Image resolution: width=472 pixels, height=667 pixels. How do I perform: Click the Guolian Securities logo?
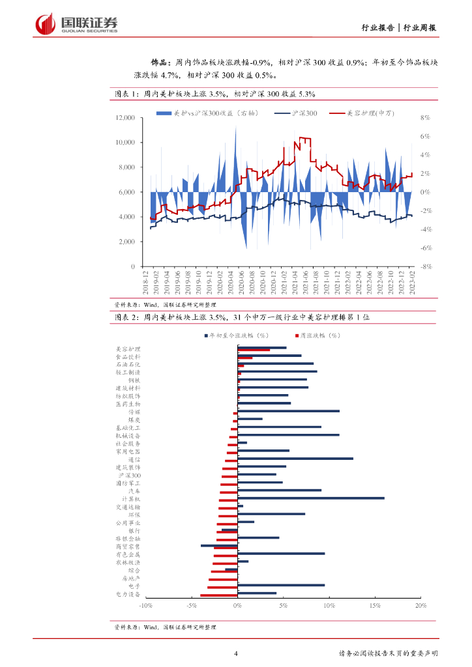point(77,25)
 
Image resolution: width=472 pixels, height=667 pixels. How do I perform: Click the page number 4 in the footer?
point(235,653)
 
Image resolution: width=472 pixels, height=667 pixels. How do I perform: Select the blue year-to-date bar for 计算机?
point(311,498)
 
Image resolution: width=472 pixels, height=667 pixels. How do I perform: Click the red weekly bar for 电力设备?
point(219,595)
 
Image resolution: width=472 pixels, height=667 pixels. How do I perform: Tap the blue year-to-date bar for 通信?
point(295,459)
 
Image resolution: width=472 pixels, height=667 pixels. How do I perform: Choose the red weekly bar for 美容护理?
point(254,350)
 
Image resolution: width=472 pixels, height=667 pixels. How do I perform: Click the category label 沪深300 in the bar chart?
point(129,475)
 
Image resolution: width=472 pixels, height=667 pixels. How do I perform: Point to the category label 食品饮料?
point(128,357)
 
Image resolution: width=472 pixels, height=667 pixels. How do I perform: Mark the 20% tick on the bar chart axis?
point(420,605)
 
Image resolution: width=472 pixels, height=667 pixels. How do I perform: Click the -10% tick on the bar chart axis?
point(146,605)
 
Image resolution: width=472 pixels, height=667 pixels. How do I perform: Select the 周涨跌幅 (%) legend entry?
point(317,335)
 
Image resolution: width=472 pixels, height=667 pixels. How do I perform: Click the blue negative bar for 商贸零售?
point(219,546)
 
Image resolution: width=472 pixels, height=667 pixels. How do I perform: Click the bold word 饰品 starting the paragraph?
point(160,63)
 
